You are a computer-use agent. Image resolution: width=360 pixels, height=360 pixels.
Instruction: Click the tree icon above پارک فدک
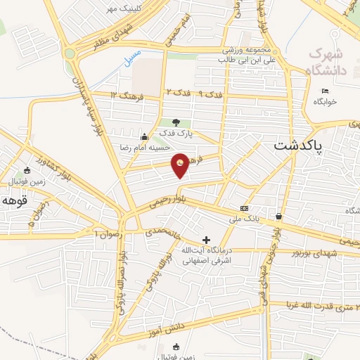[x=175, y=122]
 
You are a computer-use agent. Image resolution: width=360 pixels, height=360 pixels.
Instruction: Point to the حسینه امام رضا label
[x=144, y=147]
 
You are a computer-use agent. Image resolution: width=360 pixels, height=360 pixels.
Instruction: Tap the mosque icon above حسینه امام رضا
[x=144, y=136]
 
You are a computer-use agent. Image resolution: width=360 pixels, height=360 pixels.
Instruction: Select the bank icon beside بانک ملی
[x=244, y=208]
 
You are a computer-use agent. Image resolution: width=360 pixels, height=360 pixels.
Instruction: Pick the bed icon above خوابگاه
[x=324, y=91]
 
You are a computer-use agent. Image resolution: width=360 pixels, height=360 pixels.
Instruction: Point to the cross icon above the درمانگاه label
[x=205, y=240]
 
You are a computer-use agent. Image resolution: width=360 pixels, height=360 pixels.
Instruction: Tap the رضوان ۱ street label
[x=107, y=231]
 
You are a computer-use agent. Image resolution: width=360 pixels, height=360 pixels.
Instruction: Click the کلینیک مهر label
[x=120, y=8]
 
